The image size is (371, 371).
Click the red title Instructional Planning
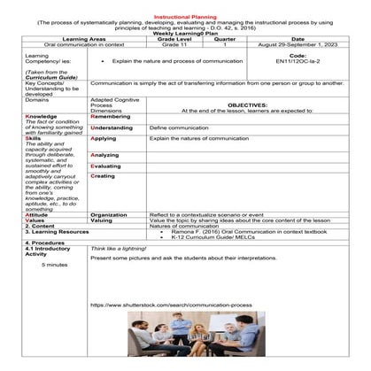point(186,16)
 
